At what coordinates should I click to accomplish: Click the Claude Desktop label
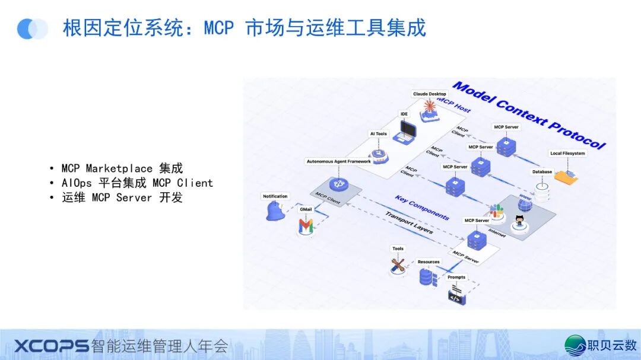[429, 94]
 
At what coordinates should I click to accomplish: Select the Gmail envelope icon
[306, 225]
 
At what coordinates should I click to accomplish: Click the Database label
[541, 172]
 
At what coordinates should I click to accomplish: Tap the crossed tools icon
[398, 265]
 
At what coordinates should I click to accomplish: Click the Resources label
[429, 262]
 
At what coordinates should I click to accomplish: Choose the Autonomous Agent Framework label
[338, 161]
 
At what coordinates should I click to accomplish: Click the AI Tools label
[379, 134]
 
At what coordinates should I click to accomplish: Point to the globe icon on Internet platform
[525, 205]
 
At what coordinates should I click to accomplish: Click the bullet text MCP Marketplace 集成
[122, 168]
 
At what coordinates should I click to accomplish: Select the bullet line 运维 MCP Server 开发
[122, 197]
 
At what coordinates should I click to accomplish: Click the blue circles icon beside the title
[33, 28]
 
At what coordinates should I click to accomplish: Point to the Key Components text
[422, 208]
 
